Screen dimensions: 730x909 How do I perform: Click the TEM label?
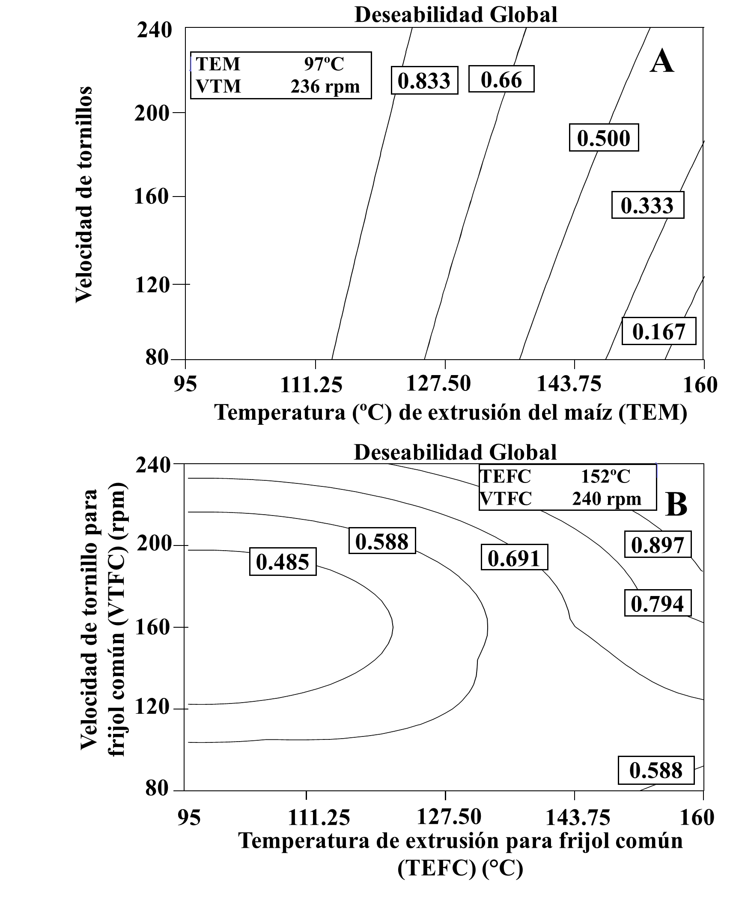218,64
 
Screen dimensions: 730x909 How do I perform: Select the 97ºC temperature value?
324,64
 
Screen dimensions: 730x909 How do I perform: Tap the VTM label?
218,86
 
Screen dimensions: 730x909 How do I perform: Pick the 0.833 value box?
424,80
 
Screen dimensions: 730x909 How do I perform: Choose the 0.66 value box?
501,79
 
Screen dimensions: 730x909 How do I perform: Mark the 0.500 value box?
604,138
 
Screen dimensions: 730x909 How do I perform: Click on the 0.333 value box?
647,205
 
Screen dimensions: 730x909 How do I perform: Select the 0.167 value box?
659,331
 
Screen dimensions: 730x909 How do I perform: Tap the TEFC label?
505,476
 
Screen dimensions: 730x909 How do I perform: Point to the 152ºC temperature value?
605,476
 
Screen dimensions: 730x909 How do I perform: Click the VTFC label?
506,499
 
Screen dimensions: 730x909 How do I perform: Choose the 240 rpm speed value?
606,499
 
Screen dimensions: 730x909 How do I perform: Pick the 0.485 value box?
283,562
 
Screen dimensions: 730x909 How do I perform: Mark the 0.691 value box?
514,557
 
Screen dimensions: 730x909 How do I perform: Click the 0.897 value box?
658,545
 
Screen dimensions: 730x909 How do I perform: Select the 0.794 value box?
658,603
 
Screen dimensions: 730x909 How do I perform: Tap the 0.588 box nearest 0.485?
382,541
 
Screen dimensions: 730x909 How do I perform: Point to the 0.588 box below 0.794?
656,770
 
